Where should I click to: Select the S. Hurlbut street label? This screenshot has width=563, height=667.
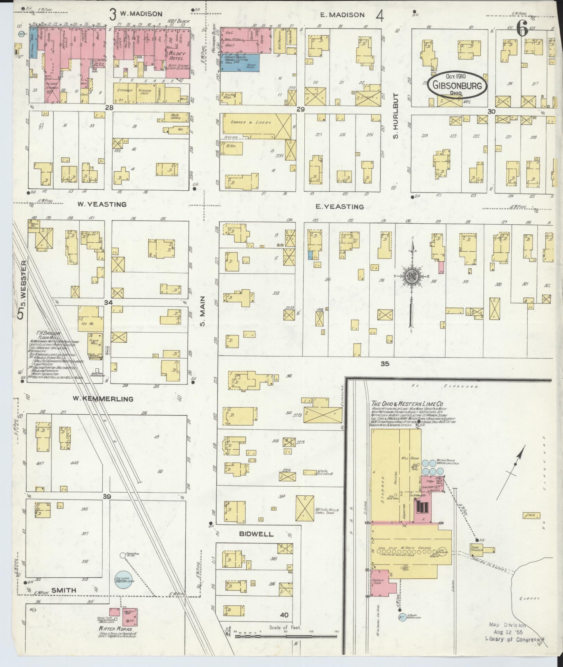tap(396, 116)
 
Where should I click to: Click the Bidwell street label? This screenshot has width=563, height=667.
tap(256, 534)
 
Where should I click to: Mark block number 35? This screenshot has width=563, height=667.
tap(385, 364)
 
